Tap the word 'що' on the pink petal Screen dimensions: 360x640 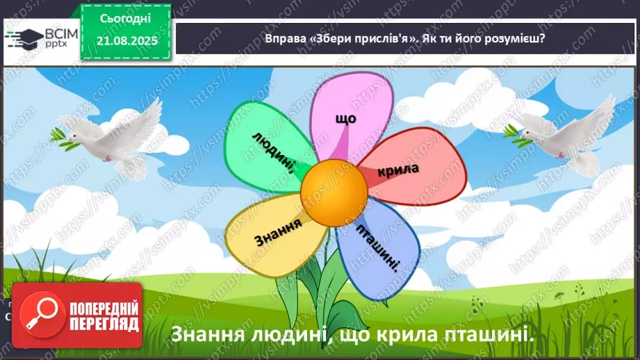click(345, 119)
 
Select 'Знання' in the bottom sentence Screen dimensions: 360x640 click(206, 334)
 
